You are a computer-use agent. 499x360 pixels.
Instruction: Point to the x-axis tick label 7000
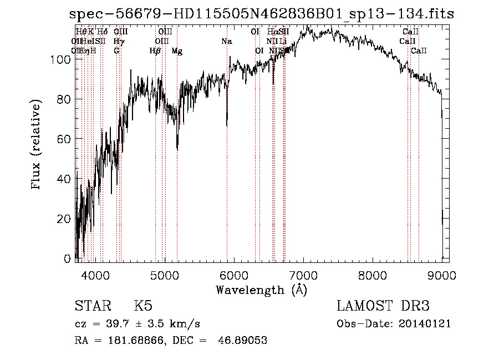click(x=303, y=276)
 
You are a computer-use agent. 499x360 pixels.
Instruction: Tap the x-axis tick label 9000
click(x=441, y=276)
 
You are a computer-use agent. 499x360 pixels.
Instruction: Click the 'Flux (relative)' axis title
click(x=37, y=146)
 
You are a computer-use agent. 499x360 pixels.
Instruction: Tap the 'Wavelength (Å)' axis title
click(x=261, y=290)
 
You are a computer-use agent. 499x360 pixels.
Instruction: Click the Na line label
click(x=227, y=42)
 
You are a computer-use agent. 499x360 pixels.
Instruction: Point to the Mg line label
click(x=177, y=51)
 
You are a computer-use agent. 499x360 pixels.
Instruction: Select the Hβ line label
click(x=155, y=51)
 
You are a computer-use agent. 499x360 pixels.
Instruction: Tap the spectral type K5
click(x=142, y=306)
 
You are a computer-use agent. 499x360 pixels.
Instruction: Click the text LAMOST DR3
click(x=383, y=306)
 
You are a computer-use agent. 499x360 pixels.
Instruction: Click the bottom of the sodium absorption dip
click(x=227, y=125)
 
